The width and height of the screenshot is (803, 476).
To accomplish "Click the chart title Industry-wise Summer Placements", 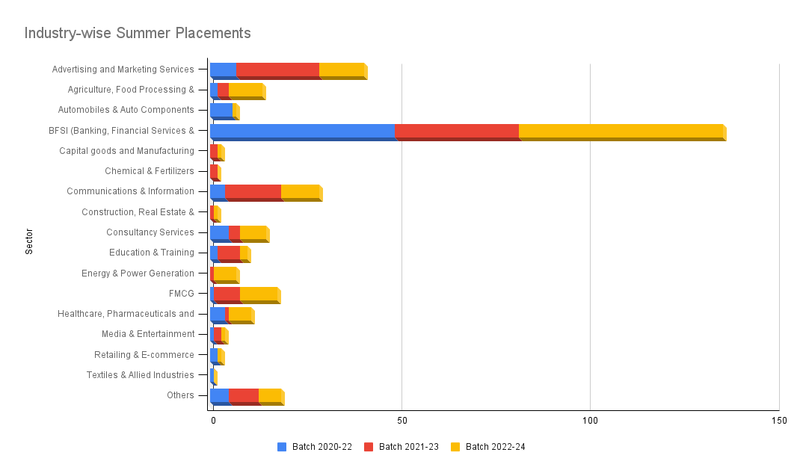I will [x=138, y=34].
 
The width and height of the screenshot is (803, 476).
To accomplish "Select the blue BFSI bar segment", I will [x=302, y=131].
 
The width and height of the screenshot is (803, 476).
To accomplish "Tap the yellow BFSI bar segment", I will [x=621, y=131].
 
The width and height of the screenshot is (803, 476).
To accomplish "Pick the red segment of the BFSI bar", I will [x=456, y=131].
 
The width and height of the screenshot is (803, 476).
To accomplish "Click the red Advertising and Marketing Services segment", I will [x=277, y=69].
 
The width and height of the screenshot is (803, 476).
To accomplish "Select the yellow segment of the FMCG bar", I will [x=259, y=293].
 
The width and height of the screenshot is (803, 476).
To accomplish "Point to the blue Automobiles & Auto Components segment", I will [x=221, y=111].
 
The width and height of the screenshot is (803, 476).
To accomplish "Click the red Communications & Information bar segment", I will [x=253, y=191].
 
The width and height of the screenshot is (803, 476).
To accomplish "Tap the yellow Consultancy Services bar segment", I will [x=253, y=232].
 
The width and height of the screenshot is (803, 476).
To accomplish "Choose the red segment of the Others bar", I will [x=244, y=395].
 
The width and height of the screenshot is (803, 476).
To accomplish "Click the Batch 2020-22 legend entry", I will [x=315, y=447].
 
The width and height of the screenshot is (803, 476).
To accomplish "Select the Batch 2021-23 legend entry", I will [x=401, y=447].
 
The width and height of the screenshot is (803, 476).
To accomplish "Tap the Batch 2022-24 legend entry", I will [x=488, y=447].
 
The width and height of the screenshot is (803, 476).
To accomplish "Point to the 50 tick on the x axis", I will [x=401, y=421].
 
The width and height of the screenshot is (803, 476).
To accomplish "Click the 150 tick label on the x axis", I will [x=778, y=421].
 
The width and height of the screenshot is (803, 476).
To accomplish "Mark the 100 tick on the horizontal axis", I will [x=590, y=421].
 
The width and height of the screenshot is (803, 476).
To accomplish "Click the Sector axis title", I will [x=29, y=241].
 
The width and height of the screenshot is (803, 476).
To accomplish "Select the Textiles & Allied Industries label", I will [x=140, y=375].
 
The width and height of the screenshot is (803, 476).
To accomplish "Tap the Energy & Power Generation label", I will [x=138, y=273].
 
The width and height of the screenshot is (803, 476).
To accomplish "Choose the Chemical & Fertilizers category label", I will [x=149, y=171].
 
